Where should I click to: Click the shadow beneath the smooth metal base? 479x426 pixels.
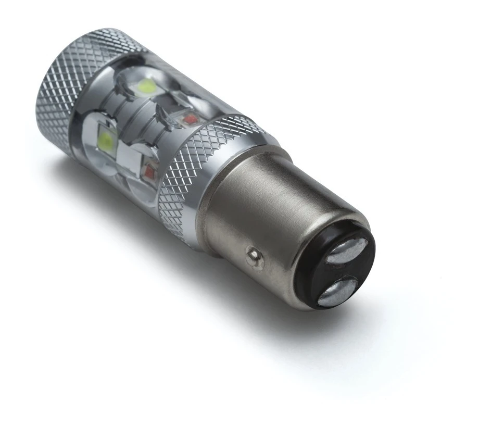click(292, 333)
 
